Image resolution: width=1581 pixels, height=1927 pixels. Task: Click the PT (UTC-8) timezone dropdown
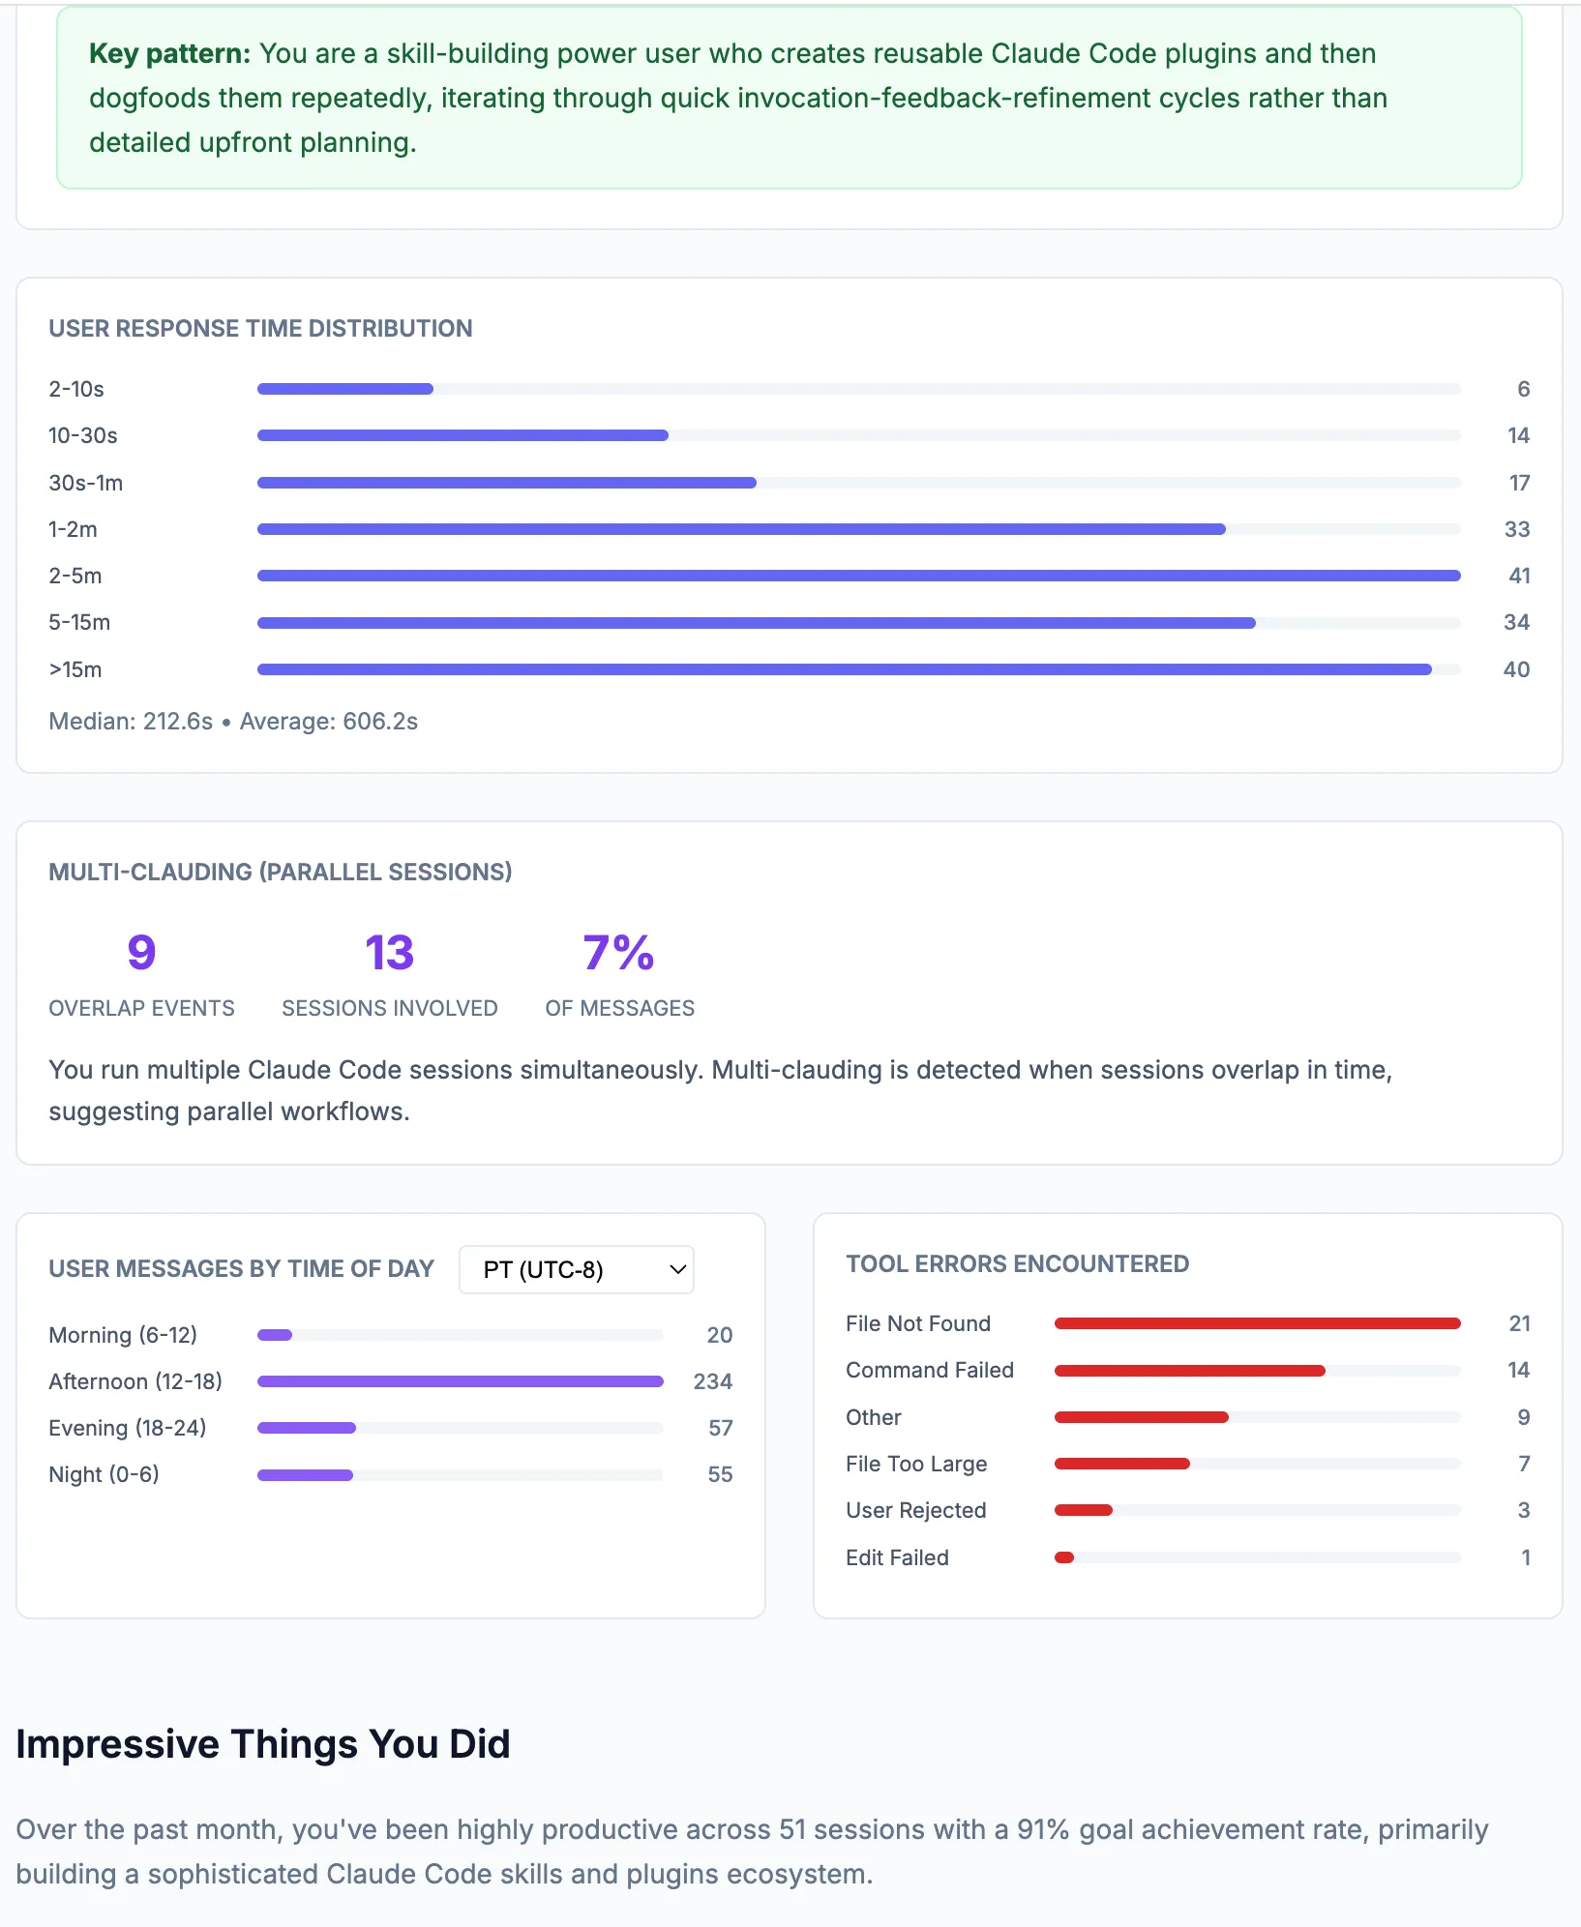[x=577, y=1269]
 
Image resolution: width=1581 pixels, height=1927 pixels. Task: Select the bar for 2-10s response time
[x=345, y=389]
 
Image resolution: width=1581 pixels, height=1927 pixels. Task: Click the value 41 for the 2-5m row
[x=1519, y=576]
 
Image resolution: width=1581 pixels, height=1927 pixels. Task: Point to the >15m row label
[x=75, y=669]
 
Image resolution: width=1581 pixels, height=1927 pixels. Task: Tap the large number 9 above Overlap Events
[x=141, y=953]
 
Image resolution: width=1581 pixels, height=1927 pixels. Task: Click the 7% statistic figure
[x=619, y=953]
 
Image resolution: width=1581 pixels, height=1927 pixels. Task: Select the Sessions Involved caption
[x=389, y=1008]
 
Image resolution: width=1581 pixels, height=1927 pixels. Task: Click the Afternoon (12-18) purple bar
[x=460, y=1381]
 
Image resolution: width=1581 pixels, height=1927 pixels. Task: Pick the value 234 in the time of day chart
[x=712, y=1381]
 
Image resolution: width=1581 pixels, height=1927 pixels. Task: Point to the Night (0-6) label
[x=104, y=1474]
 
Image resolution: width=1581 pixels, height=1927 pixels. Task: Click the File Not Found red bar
[x=1257, y=1323]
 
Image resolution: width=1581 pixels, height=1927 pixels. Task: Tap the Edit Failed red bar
[x=1064, y=1557]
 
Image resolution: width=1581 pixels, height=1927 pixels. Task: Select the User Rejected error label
[x=915, y=1510]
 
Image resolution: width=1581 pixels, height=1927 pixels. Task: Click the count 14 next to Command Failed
[x=1518, y=1370]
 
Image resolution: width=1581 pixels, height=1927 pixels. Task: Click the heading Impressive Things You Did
[x=263, y=1744]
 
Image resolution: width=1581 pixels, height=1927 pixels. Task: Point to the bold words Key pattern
[x=169, y=53]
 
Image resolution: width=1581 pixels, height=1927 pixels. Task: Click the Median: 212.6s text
[x=131, y=722]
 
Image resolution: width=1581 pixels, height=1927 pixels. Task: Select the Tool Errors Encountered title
[x=1017, y=1263]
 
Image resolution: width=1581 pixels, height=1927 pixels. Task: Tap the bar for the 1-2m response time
[x=741, y=529]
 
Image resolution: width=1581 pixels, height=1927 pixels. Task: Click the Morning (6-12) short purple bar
[x=275, y=1335]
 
